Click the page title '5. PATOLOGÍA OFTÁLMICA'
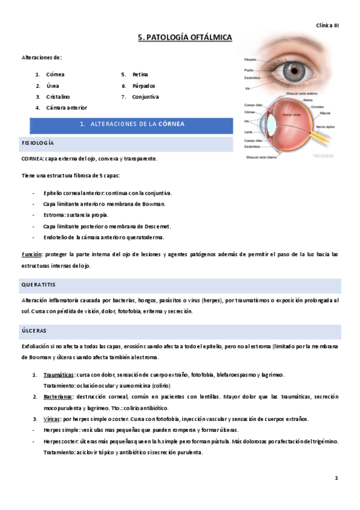[185, 37]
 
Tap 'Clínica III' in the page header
[328, 25]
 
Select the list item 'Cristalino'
[58, 96]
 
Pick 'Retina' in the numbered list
[140, 75]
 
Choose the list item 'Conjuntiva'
[145, 96]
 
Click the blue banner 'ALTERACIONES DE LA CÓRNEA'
[132, 124]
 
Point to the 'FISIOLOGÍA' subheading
[38, 143]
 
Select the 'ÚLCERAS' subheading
[34, 331]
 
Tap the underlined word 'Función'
[32, 255]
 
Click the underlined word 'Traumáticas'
[59, 375]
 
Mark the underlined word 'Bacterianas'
[58, 397]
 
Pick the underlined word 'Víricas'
[52, 419]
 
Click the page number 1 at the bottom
[337, 478]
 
